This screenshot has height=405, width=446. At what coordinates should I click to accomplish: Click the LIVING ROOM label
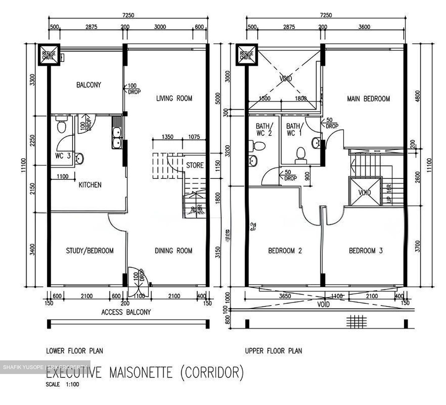click(x=174, y=99)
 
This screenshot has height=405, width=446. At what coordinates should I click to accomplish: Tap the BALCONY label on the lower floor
click(x=89, y=85)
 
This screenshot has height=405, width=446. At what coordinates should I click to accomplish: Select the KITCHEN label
click(x=90, y=185)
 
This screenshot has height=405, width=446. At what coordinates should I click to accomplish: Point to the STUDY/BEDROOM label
click(x=90, y=251)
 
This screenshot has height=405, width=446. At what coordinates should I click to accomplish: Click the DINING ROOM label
click(x=173, y=251)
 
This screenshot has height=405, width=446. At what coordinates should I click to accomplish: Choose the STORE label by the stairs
click(x=195, y=165)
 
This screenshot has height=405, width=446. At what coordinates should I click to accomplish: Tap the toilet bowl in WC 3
click(x=61, y=126)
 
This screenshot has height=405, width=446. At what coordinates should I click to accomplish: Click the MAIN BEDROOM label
click(x=368, y=99)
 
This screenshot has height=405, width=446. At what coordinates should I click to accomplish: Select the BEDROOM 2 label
click(x=285, y=251)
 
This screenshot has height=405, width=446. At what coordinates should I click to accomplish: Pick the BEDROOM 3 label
click(x=366, y=251)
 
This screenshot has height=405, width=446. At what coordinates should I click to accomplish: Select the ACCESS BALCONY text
click(x=126, y=312)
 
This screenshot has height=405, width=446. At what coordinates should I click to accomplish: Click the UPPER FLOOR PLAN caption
click(x=273, y=351)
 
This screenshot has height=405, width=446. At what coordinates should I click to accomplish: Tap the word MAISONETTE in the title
click(x=141, y=372)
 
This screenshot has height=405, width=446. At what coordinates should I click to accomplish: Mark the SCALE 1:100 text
click(x=63, y=385)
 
